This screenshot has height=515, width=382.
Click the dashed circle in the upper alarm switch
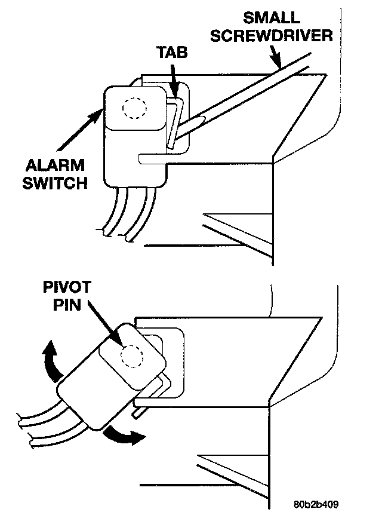134,108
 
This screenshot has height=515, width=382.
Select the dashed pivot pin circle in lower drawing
132,357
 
